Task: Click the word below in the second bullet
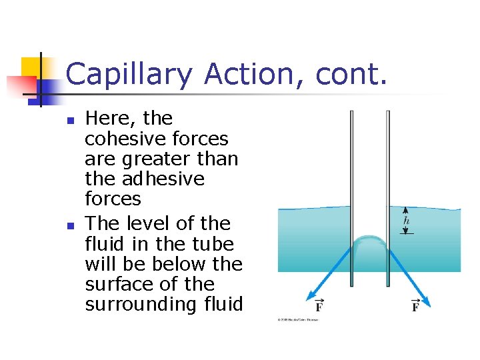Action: point(179,263)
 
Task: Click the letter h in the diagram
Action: point(407,221)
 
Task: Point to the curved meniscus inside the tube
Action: point(370,241)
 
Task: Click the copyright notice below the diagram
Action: point(298,319)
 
